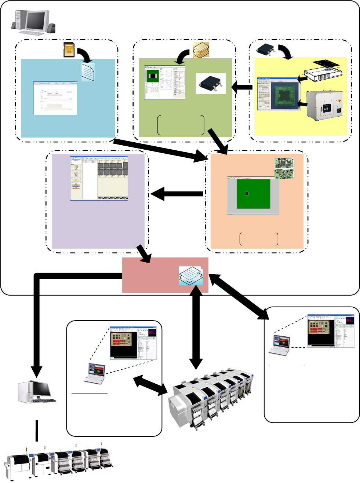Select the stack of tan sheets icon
(201, 50)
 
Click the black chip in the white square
(211, 83)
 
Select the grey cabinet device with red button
(324, 106)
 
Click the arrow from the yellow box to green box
(242, 87)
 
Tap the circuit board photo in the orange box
(284, 168)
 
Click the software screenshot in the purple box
(99, 179)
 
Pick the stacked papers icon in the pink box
(190, 276)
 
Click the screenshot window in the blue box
(55, 98)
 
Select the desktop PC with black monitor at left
(37, 392)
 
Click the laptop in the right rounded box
(280, 345)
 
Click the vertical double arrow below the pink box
(196, 326)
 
